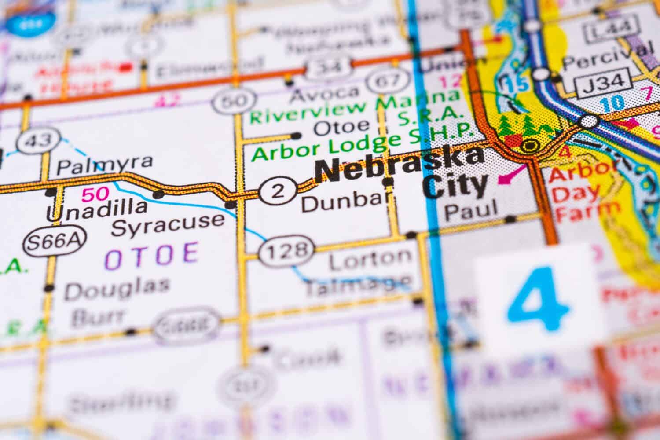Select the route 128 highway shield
tap(286, 250)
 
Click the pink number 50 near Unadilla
tap(95, 194)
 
